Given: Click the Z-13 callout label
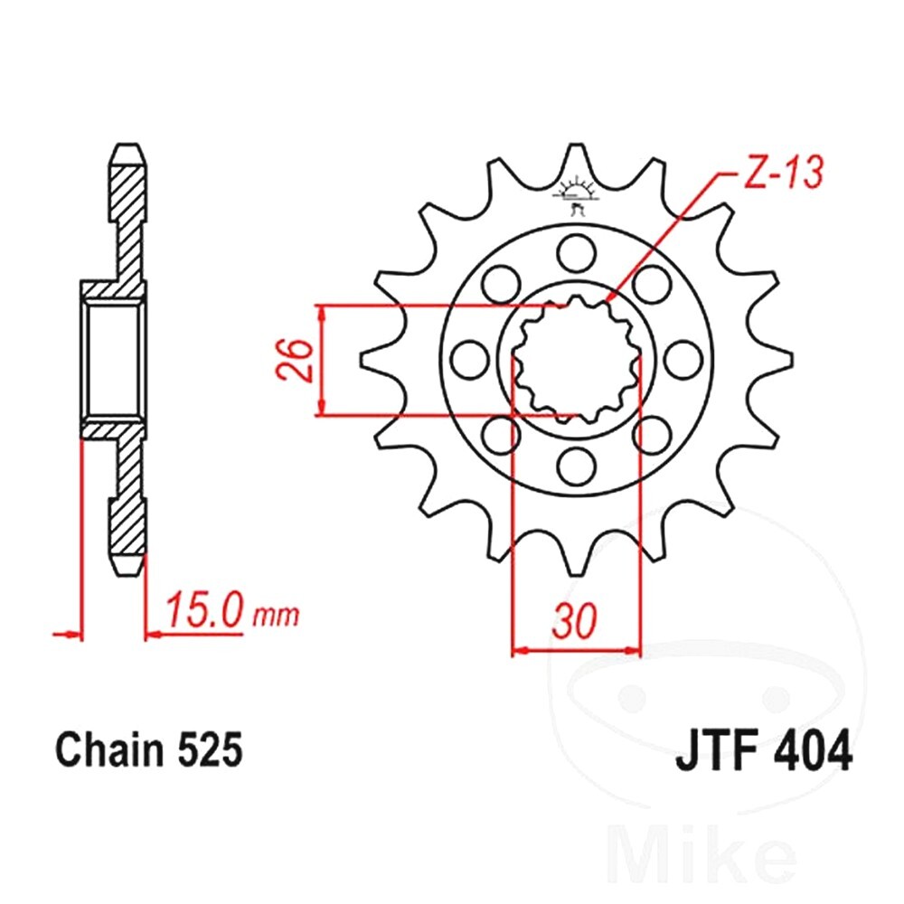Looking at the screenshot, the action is point(782,172).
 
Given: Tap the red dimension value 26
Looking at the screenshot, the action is point(294,361).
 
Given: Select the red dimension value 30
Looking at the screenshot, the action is point(574,622).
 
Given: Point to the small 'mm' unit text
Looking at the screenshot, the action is point(277,616).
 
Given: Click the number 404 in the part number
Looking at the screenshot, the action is point(814,751).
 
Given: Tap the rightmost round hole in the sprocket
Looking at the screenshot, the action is point(683,360).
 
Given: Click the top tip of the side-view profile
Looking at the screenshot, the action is point(128,144).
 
